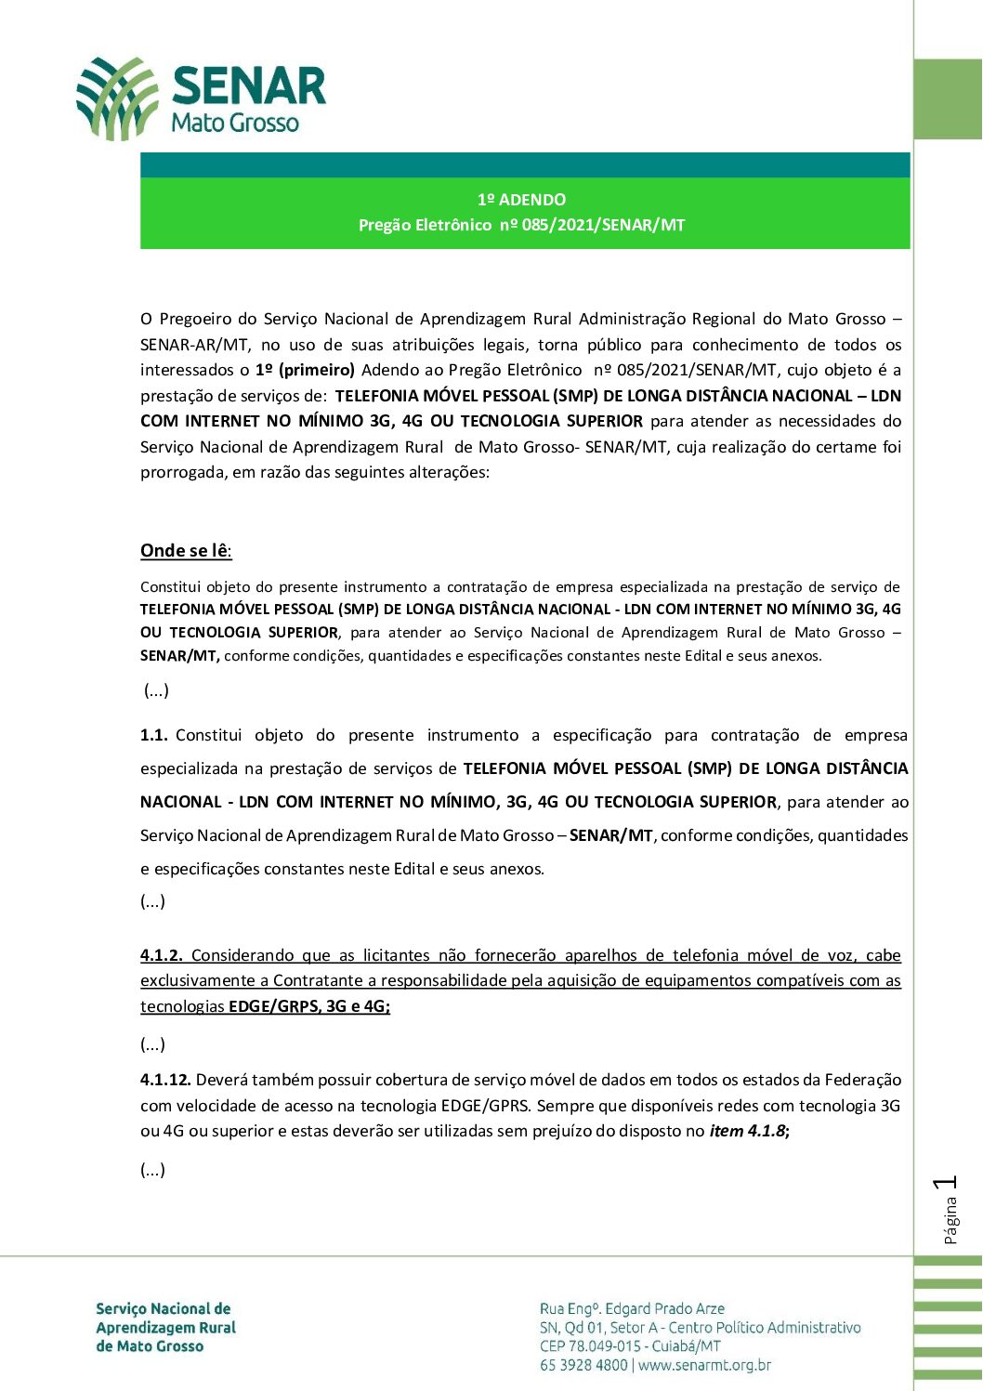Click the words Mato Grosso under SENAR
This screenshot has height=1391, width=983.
click(x=235, y=123)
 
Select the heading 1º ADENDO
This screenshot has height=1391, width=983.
click(x=521, y=200)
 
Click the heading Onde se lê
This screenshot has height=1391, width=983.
click(x=185, y=551)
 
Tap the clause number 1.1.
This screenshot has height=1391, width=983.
click(x=153, y=736)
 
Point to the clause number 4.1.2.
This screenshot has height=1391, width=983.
click(x=161, y=955)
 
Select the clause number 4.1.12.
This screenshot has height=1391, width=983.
click(x=165, y=1080)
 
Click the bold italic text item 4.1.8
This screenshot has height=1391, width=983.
click(x=748, y=1132)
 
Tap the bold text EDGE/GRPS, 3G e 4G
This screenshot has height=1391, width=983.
click(x=308, y=1006)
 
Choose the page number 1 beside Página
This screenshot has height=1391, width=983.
click(x=948, y=1183)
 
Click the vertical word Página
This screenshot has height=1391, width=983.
click(x=950, y=1221)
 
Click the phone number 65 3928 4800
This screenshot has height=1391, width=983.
click(x=583, y=1366)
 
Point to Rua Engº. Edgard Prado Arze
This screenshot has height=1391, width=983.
click(x=632, y=1308)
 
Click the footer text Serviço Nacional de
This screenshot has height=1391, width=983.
click(x=164, y=1308)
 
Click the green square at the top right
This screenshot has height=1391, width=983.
click(x=949, y=99)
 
